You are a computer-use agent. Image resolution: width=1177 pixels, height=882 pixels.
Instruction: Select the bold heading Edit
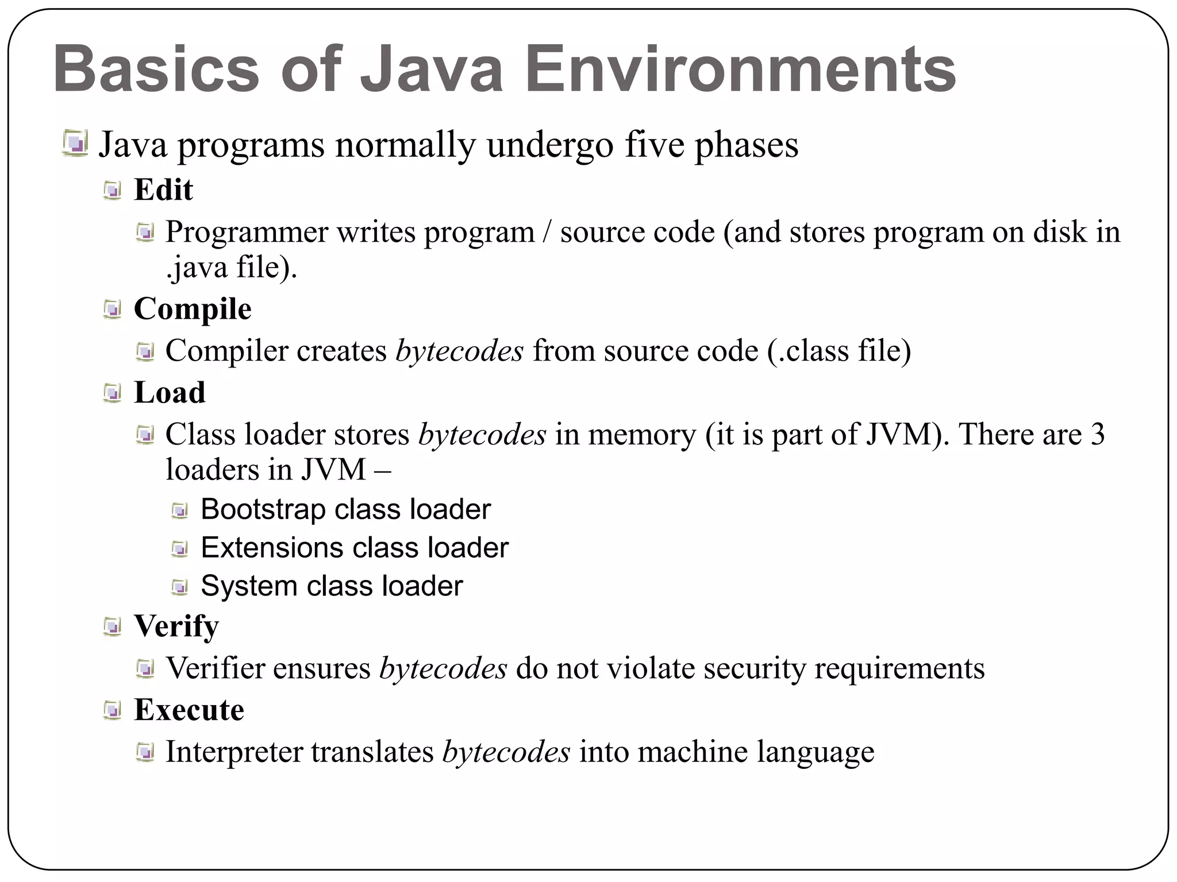coord(163,190)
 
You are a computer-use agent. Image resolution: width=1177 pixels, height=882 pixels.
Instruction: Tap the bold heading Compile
coord(193,309)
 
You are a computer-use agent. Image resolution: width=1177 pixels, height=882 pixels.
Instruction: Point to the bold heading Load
coord(170,393)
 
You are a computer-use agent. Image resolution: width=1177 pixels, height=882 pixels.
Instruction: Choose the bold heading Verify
coord(176,626)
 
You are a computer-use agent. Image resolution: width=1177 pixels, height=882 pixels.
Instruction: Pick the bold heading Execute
coord(189,710)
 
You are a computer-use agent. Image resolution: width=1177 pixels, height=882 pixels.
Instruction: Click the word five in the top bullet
coord(655,145)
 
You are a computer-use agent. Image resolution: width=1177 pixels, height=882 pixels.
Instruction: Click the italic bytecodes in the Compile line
coord(459,351)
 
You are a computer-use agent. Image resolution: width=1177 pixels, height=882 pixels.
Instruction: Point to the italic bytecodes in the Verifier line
coord(443,668)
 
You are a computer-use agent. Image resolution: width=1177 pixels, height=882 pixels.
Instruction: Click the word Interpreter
coord(234,752)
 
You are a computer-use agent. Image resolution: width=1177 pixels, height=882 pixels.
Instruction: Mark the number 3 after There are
coord(1097,435)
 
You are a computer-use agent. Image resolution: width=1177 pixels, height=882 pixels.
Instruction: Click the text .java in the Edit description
coord(196,268)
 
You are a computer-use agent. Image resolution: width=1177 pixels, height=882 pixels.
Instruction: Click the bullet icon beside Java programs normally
coord(75,144)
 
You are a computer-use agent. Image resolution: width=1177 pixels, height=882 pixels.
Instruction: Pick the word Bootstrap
coord(263,510)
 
